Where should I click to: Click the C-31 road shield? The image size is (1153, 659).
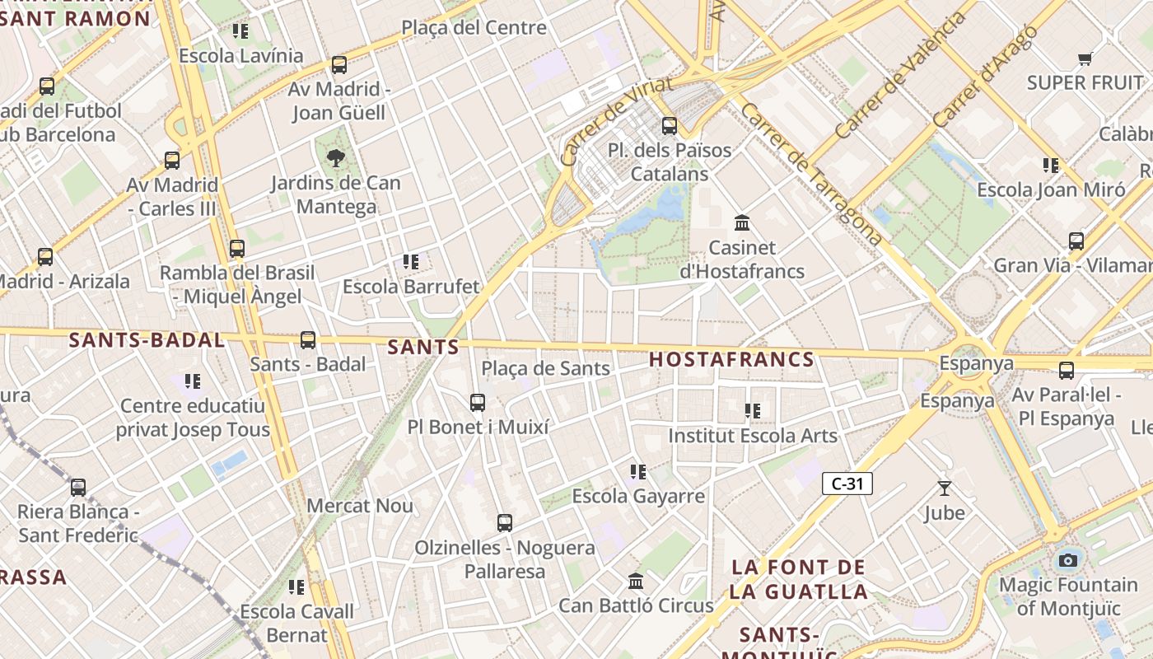coord(847,484)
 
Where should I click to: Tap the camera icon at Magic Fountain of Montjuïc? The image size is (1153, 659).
coord(1068,560)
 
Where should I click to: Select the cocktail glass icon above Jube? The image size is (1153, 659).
coord(945,488)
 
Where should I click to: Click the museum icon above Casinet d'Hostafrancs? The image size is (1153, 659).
coord(742,222)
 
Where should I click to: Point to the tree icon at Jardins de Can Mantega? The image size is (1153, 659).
coord(335,157)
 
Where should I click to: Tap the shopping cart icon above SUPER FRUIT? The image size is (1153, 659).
coord(1085,58)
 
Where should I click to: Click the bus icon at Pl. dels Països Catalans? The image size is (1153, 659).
coord(670,126)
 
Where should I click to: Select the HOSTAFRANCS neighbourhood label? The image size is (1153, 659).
coord(731,359)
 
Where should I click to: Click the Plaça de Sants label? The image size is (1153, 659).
coord(545,368)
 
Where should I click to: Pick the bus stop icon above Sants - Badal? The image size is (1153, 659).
coord(308,339)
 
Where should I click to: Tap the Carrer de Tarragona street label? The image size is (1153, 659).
coord(811,174)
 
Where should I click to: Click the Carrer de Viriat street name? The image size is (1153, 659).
coord(615,121)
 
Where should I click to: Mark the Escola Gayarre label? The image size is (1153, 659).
coord(638,496)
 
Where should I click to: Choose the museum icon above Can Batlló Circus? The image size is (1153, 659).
coord(636,582)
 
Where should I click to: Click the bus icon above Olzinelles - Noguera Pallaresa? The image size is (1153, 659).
coord(505,523)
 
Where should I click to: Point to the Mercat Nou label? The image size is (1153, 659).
coord(360,505)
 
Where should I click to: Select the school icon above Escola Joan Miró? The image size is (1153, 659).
coord(1051,166)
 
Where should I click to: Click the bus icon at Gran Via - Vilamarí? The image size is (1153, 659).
coord(1076,241)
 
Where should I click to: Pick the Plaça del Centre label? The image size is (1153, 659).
coord(474,27)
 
